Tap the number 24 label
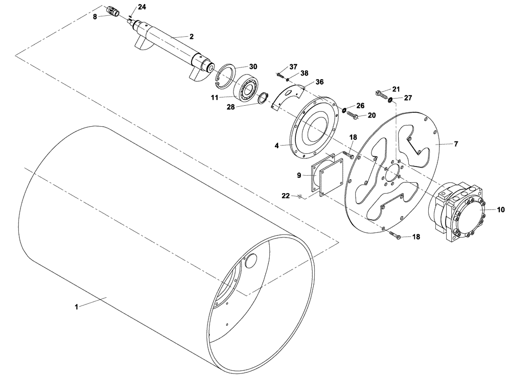[127, 7]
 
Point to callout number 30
[253, 66]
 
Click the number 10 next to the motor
[500, 209]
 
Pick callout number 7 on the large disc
[456, 144]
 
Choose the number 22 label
[286, 195]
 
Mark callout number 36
[319, 82]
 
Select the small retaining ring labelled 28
[263, 97]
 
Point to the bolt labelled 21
[381, 94]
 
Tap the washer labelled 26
[343, 110]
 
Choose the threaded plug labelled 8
[112, 12]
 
